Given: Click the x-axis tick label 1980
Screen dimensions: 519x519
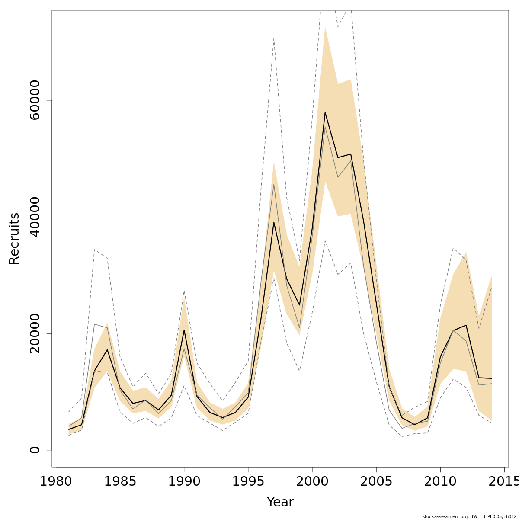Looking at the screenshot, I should [56, 481].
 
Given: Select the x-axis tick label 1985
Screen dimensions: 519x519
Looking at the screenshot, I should [120, 481].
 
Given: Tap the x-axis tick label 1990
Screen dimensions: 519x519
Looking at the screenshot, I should [184, 481].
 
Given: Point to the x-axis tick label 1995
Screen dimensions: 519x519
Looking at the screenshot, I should [248, 481].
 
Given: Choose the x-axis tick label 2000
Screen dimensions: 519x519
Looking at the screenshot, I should [312, 481].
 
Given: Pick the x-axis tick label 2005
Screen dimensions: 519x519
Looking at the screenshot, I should [376, 481].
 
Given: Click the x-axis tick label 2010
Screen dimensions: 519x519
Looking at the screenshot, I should [440, 481].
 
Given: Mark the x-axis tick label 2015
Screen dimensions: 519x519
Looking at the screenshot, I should [502, 481].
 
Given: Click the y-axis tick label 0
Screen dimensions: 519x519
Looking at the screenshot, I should [35, 450].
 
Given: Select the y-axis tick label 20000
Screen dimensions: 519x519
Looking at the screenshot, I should [35, 333].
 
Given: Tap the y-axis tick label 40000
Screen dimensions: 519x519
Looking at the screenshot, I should [35, 217].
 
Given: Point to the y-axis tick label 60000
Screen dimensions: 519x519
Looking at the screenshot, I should [35, 100].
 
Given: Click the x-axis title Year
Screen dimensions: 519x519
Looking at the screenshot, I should [280, 502].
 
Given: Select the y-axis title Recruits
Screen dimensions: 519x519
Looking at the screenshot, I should [14, 238].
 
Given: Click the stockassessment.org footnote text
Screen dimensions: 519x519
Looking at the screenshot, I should [469, 516].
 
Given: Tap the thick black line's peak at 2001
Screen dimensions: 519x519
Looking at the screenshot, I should [325, 112].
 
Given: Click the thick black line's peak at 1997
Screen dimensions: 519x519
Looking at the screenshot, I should [274, 222].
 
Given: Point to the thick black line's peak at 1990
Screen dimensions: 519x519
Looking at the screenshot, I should [184, 330].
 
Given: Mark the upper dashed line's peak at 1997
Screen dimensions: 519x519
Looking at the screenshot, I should [274, 38].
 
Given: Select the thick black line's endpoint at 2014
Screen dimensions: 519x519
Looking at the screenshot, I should [492, 378].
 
